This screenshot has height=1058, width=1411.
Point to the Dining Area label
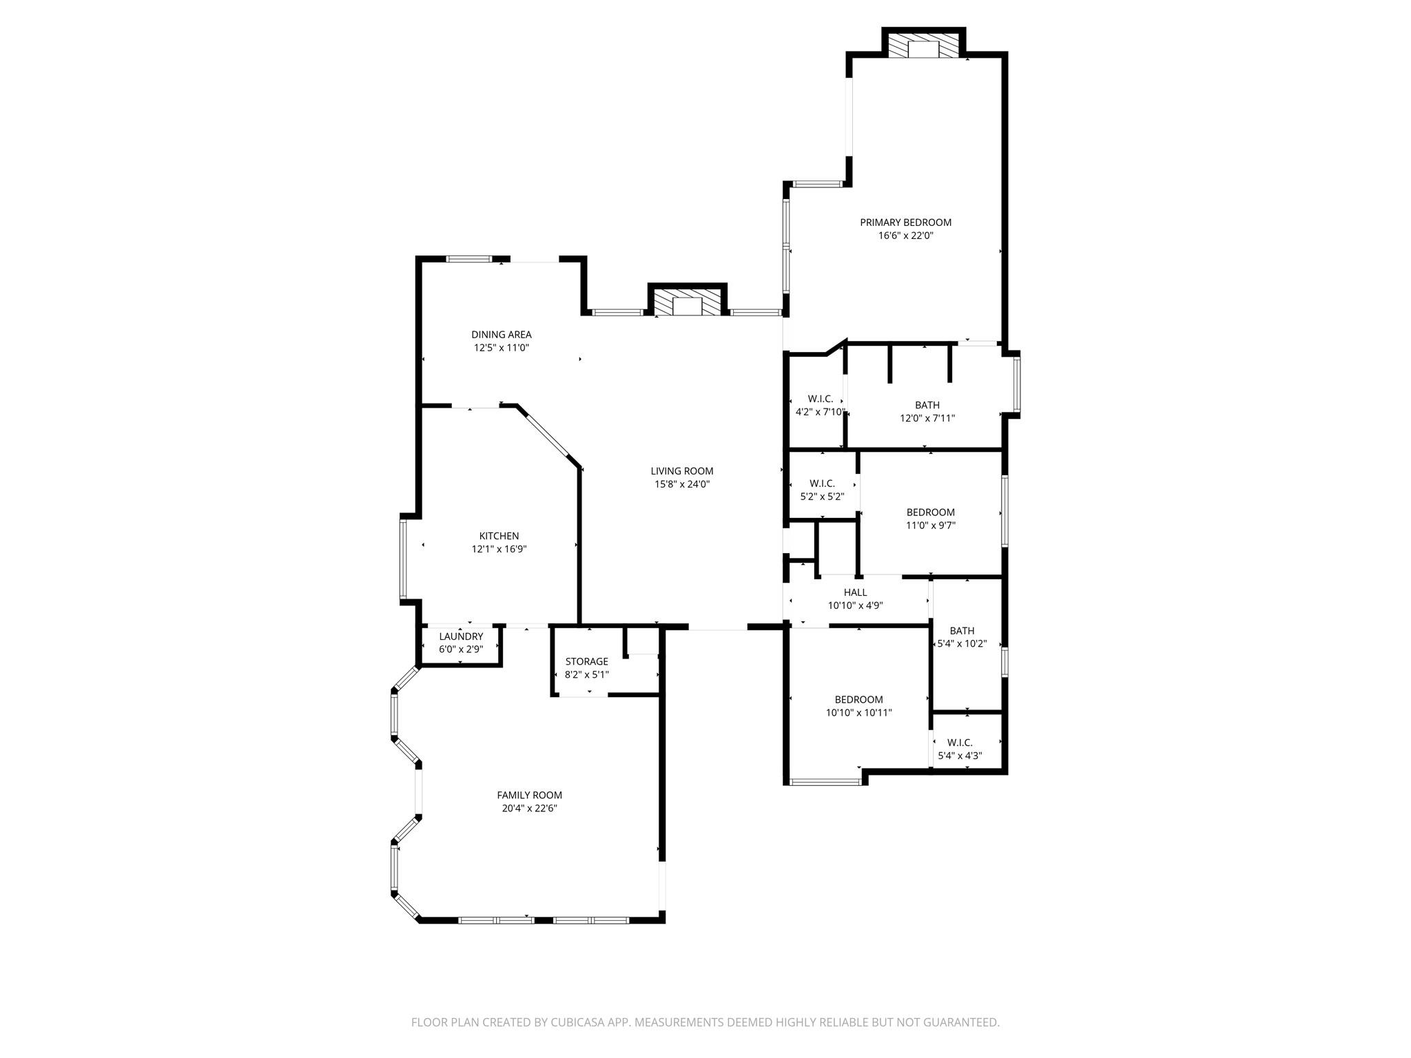coord(501,335)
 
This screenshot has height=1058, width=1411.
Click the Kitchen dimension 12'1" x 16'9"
coord(499,549)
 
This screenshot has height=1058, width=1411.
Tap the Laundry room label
coord(461,636)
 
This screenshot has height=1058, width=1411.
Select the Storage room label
coord(586,661)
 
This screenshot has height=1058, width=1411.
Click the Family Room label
coord(529,795)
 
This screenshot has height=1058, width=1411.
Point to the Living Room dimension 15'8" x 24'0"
coord(681,484)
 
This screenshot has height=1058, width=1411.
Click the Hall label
coord(855,592)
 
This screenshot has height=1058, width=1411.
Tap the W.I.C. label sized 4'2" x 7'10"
coord(820,399)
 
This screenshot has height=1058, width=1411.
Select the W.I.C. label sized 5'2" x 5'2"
coord(822,484)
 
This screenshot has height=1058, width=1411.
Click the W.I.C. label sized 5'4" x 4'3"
coord(959,743)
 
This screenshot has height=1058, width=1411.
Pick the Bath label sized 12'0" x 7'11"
coord(927,405)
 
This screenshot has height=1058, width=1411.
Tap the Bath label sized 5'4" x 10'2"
coord(962,631)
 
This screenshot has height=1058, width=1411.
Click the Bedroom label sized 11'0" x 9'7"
coord(930,512)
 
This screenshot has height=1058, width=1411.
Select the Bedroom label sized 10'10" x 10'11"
coord(858,700)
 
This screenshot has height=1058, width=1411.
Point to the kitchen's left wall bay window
coord(403,559)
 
